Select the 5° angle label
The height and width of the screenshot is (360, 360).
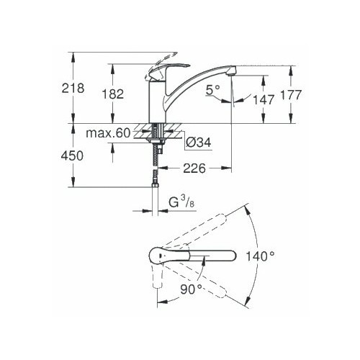212,91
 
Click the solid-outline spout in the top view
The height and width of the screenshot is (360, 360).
209,256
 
